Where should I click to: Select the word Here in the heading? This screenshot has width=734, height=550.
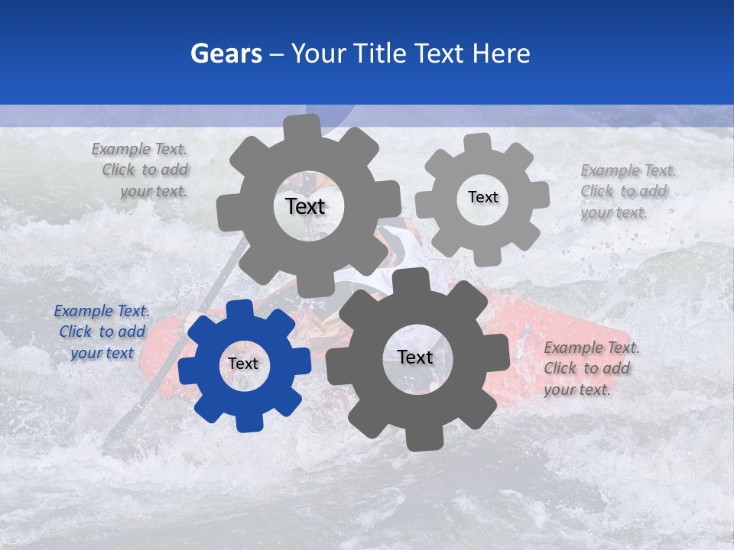pos(501,53)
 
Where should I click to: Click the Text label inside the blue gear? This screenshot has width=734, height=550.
pos(243,364)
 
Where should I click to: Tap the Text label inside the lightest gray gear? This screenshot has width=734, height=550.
pos(482,197)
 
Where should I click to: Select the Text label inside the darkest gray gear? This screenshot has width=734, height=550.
pos(415,357)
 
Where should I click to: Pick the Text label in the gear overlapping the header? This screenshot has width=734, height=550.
pos(305,206)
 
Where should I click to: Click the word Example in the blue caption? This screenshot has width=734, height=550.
pos(85,311)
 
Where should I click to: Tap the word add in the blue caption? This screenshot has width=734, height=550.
pos(131,332)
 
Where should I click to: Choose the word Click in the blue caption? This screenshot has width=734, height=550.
pos(75,332)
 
